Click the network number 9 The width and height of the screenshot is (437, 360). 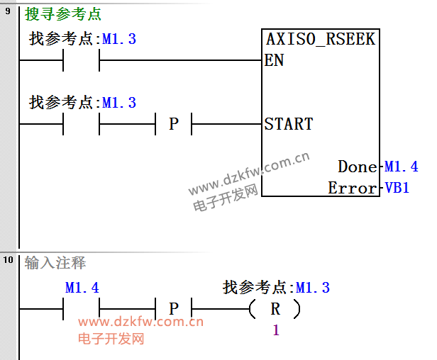(9, 12)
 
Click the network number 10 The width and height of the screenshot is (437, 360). (9, 261)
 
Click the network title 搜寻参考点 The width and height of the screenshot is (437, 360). (62, 13)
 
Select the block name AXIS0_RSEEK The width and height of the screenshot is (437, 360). (319, 39)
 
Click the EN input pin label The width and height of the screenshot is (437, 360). (274, 60)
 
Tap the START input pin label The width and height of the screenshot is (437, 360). (288, 124)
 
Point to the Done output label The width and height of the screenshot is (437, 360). (357, 167)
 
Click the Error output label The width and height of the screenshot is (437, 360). (352, 188)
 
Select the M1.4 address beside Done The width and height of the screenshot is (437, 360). (401, 167)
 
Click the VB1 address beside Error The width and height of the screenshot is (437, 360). (397, 188)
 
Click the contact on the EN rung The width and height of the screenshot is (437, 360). (82, 60)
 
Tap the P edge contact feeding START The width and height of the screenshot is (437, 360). (174, 124)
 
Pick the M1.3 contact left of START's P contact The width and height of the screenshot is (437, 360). (82, 124)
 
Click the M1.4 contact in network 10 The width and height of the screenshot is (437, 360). (82, 309)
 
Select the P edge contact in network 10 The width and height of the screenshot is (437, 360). (174, 309)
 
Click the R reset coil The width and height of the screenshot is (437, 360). (275, 309)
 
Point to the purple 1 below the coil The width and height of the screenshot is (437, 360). (276, 330)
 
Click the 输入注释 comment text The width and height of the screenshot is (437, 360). (55, 263)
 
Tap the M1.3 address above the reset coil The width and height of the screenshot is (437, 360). (312, 288)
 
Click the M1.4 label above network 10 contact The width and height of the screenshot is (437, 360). (82, 288)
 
